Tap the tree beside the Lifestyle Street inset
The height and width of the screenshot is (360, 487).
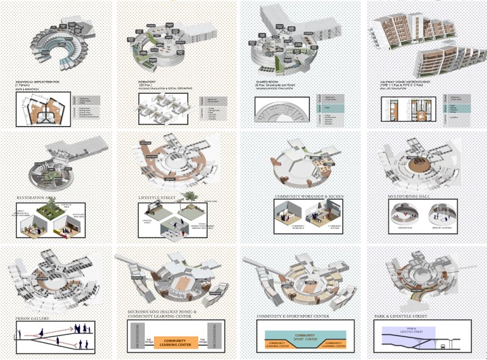(191, 196)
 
